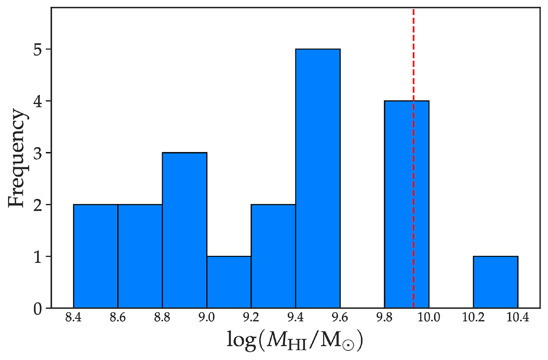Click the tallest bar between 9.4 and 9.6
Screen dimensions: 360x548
pyautogui.click(x=318, y=178)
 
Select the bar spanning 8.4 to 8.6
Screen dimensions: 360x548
pyautogui.click(x=95, y=256)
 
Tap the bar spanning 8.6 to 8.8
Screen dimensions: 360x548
pyautogui.click(x=140, y=256)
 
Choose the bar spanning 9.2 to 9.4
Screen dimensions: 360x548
pyautogui.click(x=273, y=256)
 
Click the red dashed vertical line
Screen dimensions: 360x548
pyautogui.click(x=413, y=55)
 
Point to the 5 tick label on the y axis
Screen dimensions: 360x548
pyautogui.click(x=38, y=49)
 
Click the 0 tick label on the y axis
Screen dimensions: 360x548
pyautogui.click(x=38, y=308)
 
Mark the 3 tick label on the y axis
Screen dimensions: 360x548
pyautogui.click(x=38, y=153)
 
